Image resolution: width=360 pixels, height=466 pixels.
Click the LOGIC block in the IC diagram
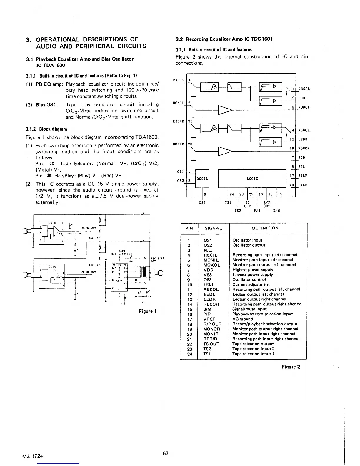[252, 179]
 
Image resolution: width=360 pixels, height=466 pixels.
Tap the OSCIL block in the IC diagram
[202, 179]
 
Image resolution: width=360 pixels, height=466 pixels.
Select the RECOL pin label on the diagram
[304, 89]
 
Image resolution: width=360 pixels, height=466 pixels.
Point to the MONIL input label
[178, 103]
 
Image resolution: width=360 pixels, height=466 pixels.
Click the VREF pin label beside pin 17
[303, 176]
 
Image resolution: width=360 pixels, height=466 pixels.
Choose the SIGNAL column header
[213, 228]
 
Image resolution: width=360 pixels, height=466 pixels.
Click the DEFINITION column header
[265, 228]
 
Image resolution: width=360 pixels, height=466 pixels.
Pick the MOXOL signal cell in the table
[212, 265]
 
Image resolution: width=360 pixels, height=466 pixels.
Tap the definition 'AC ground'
[243, 319]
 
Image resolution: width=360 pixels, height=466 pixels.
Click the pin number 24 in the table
[190, 354]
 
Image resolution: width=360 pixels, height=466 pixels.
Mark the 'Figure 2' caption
[291, 367]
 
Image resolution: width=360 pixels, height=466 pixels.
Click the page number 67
[166, 453]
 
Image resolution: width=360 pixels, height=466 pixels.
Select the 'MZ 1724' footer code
[32, 456]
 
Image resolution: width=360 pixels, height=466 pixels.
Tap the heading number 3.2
[179, 39]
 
